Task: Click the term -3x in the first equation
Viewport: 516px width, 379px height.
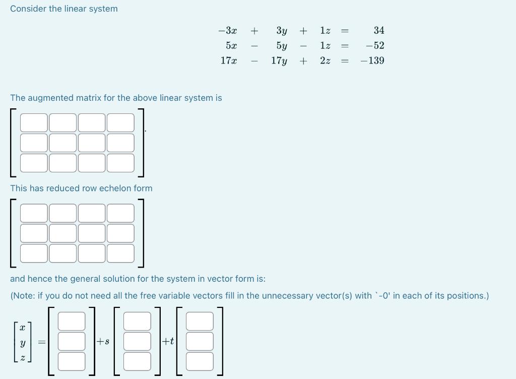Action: click(x=228, y=31)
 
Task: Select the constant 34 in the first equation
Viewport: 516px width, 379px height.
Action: click(x=379, y=31)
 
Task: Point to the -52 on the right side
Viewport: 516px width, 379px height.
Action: click(x=375, y=46)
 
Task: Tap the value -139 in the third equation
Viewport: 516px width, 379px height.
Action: click(x=372, y=61)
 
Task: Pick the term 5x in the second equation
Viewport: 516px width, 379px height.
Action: click(x=231, y=46)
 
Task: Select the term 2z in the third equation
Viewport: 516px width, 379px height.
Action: click(x=326, y=61)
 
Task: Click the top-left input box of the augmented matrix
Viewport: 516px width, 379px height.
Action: click(x=34, y=122)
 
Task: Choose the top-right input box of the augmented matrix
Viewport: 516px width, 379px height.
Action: click(x=120, y=122)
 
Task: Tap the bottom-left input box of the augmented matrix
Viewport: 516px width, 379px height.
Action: click(x=34, y=163)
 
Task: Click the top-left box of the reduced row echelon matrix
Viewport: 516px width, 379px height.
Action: click(x=34, y=213)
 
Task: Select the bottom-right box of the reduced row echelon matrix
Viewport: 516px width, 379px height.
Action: click(x=120, y=254)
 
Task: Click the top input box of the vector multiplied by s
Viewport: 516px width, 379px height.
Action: click(x=137, y=321)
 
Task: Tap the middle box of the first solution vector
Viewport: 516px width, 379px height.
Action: click(x=72, y=341)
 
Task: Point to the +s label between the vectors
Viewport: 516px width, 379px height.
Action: click(x=103, y=341)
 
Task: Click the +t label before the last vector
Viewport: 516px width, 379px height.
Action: click(x=168, y=341)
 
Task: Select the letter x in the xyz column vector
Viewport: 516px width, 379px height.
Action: click(x=22, y=327)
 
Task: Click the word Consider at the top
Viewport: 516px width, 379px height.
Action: click(x=28, y=9)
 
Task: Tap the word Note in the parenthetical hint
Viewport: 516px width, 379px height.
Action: click(x=25, y=296)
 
